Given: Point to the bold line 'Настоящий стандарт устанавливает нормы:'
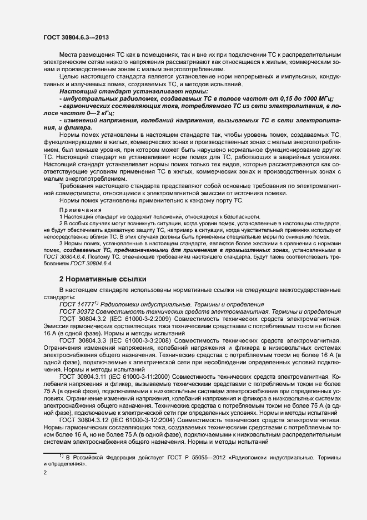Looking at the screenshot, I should point(134,91).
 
